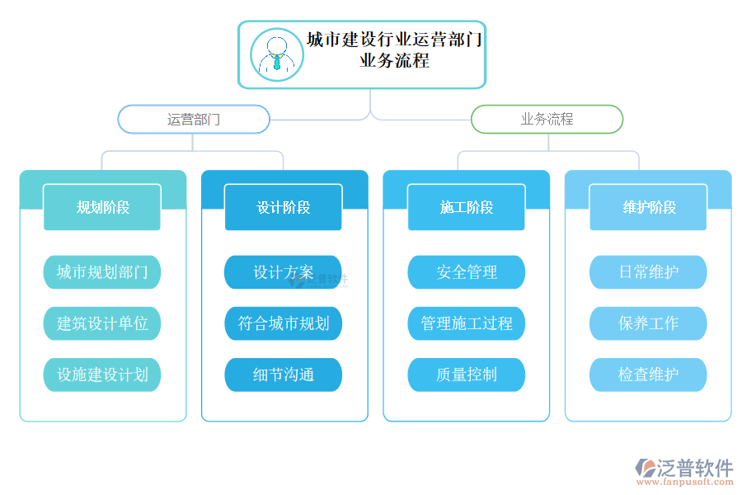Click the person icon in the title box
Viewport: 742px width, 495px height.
click(277, 54)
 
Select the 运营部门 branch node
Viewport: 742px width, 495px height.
click(194, 119)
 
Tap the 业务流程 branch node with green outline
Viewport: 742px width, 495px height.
click(547, 119)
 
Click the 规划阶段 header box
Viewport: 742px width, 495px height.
click(102, 207)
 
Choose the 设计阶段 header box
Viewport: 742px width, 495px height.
click(284, 207)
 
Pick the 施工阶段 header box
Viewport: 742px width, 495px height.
click(466, 207)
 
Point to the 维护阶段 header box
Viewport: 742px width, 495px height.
click(648, 207)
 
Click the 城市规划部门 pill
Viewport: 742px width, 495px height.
click(102, 272)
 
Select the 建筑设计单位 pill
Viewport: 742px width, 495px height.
click(102, 323)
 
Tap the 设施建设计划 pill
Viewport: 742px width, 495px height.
click(102, 375)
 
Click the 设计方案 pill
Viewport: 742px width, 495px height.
click(284, 272)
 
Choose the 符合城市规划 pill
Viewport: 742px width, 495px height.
click(284, 323)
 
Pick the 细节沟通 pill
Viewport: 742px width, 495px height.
click(284, 375)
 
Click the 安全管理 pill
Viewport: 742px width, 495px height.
click(466, 272)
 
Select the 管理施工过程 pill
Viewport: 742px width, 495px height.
click(466, 323)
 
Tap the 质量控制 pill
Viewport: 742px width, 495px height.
click(466, 375)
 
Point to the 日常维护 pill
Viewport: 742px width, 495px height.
click(648, 272)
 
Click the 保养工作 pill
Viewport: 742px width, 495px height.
click(648, 323)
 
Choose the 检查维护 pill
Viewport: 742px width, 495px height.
click(648, 375)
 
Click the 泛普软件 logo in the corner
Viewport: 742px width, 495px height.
click(683, 471)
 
